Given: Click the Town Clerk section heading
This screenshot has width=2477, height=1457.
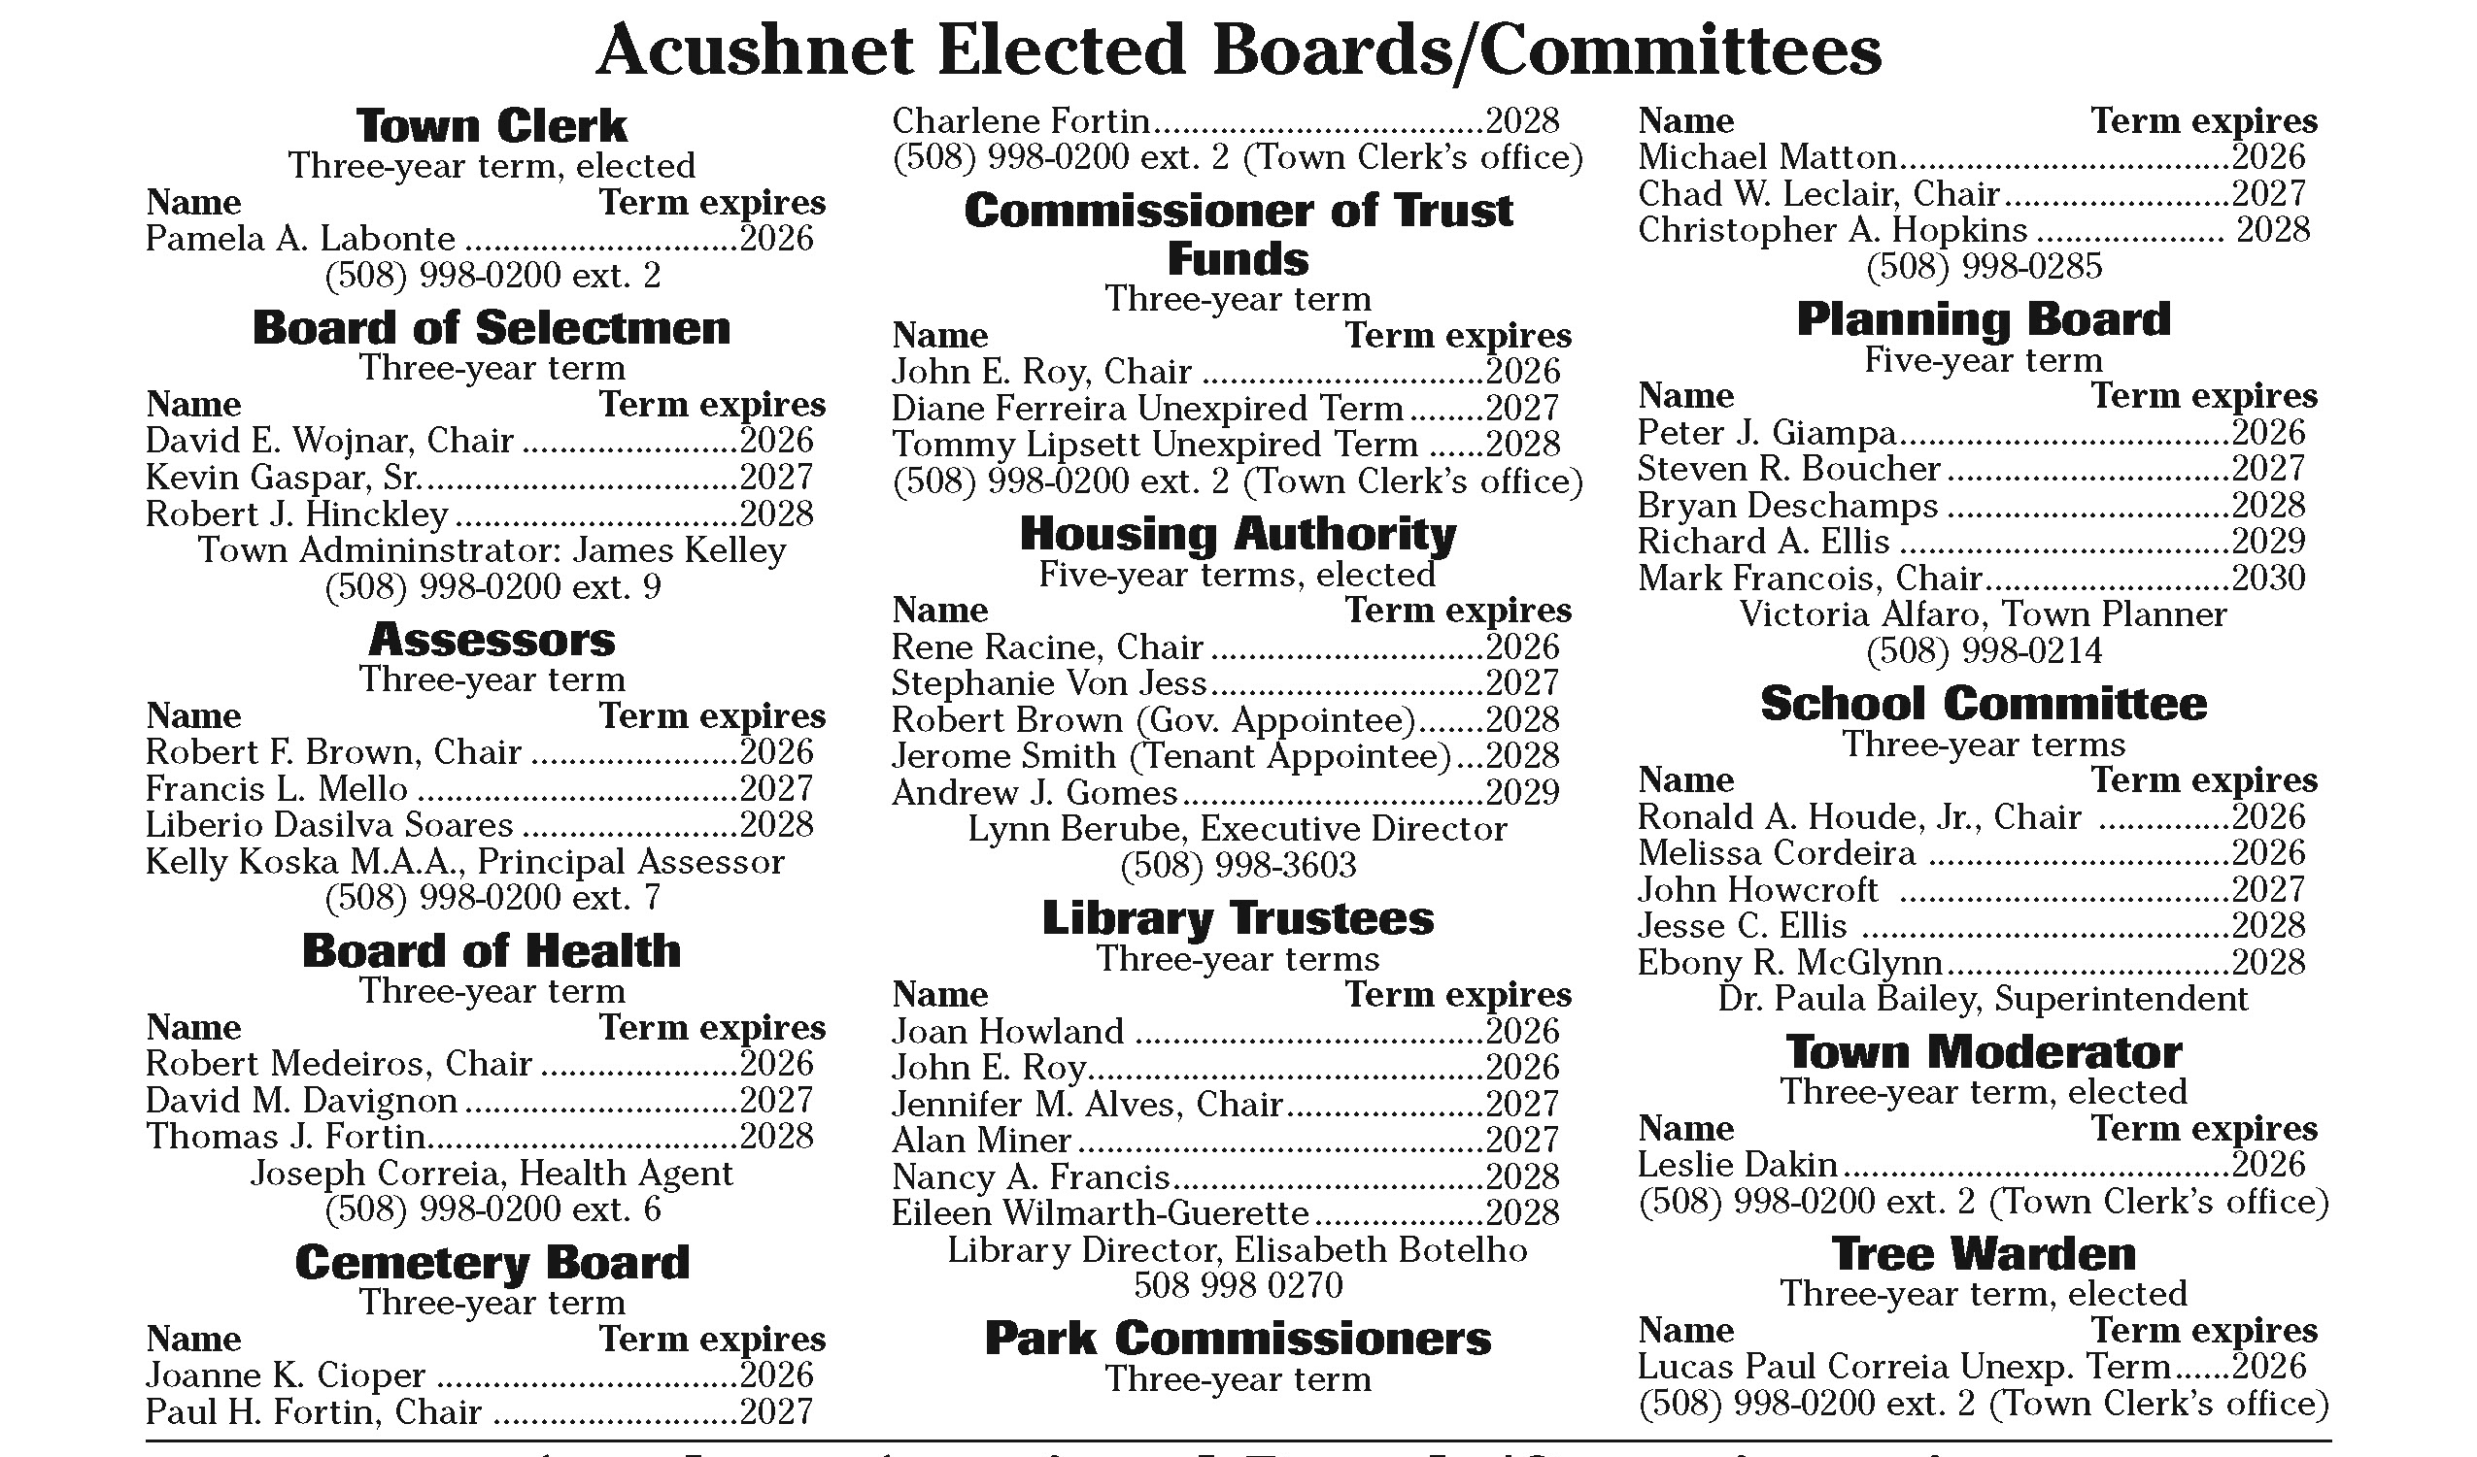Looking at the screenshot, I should [492, 127].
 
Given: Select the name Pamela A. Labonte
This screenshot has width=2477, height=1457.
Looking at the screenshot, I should [300, 239].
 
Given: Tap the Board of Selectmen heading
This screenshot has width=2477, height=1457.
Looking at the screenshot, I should [492, 328].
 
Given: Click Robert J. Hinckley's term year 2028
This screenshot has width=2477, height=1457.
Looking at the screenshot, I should [776, 513].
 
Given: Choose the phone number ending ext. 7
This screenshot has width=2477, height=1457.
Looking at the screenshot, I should [492, 898].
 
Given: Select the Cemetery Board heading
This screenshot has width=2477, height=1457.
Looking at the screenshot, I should [492, 1264].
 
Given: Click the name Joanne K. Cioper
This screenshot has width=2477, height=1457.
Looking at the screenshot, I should [285, 1375].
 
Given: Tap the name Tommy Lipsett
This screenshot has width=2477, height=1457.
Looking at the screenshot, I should [1016, 445].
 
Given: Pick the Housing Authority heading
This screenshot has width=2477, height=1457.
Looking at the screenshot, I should [1238, 535].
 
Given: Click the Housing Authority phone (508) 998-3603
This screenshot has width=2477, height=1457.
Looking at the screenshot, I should [1238, 866].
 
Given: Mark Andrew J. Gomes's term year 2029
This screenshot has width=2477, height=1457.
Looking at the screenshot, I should [1521, 793].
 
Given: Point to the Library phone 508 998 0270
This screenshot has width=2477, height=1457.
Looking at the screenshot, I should [1238, 1286].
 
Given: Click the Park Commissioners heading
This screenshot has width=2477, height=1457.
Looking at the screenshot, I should [1238, 1340].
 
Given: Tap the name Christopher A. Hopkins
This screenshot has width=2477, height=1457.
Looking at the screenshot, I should [1832, 231].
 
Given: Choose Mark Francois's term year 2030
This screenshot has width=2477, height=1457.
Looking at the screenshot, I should [2267, 579].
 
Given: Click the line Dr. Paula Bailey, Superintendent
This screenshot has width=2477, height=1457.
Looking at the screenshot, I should [1983, 999].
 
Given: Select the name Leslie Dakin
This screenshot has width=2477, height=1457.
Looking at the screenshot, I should [1737, 1165].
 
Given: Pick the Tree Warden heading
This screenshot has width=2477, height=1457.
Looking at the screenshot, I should [1983, 1254].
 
